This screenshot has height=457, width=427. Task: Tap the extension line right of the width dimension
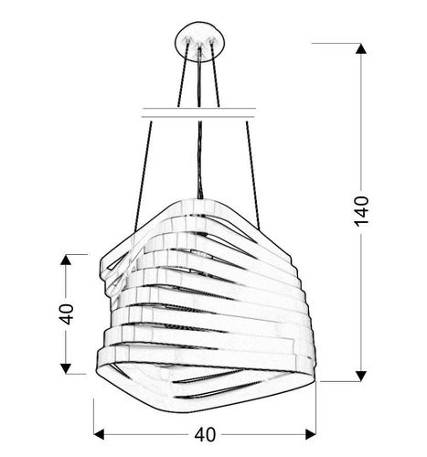tap(311, 411)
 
